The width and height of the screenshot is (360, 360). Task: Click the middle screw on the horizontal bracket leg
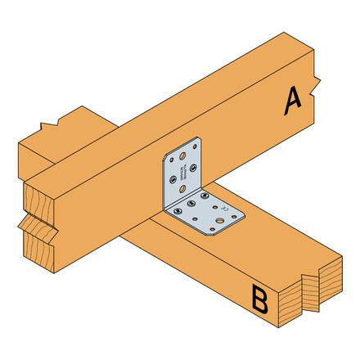point(191,204)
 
